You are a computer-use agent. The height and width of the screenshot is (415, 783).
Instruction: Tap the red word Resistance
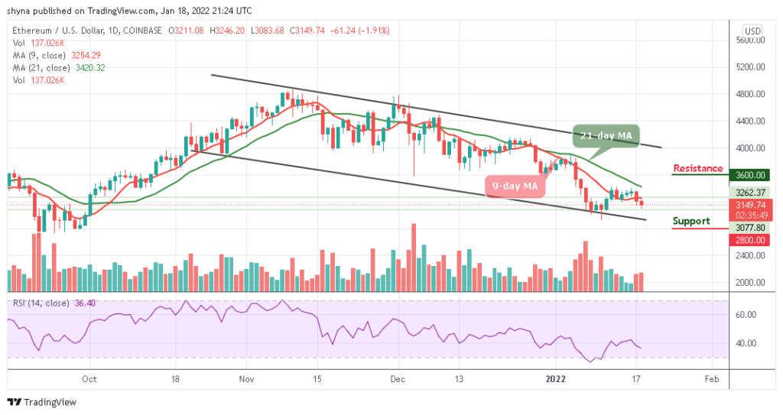tap(697, 169)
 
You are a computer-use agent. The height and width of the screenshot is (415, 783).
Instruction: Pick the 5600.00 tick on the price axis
tap(751, 40)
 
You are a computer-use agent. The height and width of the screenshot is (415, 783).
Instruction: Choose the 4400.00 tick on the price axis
tap(751, 121)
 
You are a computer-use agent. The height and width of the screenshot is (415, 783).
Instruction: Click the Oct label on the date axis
tap(89, 378)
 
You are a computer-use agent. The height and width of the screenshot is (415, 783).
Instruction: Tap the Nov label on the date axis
tap(245, 378)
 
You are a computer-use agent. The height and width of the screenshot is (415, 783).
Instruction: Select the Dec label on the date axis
tap(395, 378)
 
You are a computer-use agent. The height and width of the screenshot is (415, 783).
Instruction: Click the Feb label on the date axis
tap(711, 378)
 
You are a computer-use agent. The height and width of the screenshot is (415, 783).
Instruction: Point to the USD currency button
tap(752, 31)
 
